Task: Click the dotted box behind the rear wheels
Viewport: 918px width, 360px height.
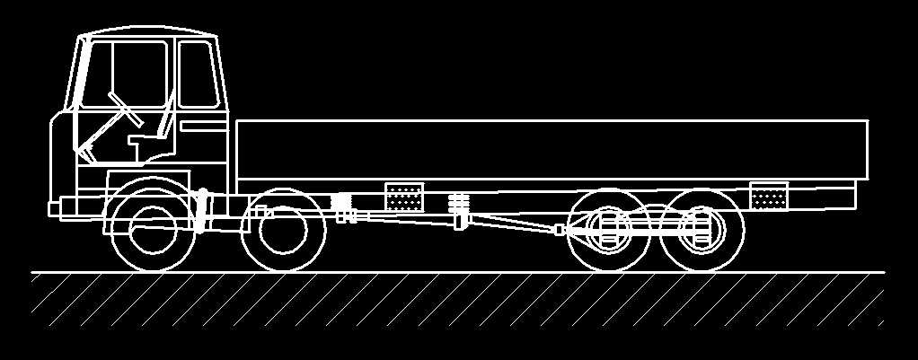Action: click(x=769, y=196)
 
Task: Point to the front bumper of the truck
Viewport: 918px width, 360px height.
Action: click(x=55, y=208)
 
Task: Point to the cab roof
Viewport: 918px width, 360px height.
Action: click(x=148, y=34)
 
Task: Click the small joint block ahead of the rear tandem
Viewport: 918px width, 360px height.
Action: click(x=561, y=230)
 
